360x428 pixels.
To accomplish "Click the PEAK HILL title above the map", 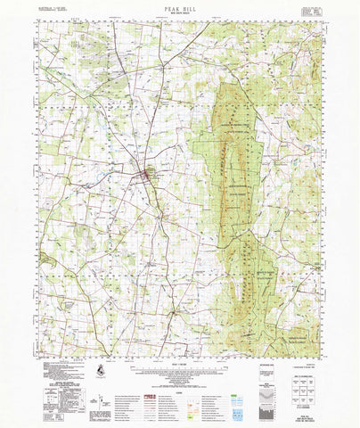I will click(179, 6).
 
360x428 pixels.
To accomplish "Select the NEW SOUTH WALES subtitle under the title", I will click(179, 12).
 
